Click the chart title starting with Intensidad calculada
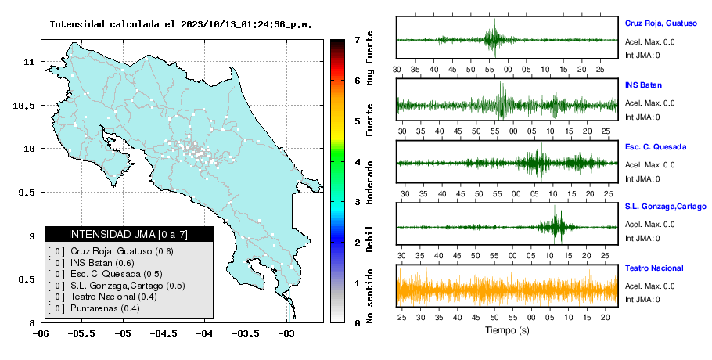(181, 24)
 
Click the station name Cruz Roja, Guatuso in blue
(660, 23)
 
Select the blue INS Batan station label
(643, 85)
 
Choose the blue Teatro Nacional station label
(654, 268)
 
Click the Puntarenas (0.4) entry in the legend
(105, 308)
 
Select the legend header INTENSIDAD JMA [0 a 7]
(128, 234)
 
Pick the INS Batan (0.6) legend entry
(102, 263)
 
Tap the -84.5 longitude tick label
(164, 333)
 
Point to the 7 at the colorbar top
(358, 40)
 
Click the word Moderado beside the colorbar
(369, 182)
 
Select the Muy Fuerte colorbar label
(369, 58)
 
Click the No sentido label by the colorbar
(369, 296)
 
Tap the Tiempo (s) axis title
(507, 330)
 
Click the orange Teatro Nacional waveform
(507, 286)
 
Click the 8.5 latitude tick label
(27, 279)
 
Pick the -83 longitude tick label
(286, 333)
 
